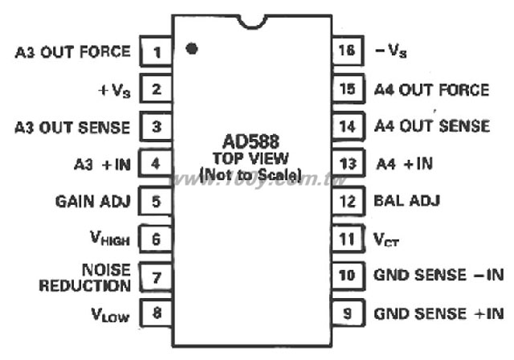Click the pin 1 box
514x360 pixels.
156,51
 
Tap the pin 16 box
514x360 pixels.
348,51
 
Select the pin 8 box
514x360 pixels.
156,313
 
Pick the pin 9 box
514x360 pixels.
348,313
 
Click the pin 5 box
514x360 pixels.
156,201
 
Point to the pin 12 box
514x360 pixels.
348,201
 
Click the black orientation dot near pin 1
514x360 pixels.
191,49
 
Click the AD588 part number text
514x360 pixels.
251,141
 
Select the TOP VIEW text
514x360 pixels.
251,158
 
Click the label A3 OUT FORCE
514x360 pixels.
73,51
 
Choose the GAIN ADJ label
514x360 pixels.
93,202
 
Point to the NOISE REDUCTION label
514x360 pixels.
85,277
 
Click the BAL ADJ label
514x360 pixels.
407,201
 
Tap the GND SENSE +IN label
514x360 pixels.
439,313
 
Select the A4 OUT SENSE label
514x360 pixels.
432,126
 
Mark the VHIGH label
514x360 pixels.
110,238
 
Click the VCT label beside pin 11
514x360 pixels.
386,239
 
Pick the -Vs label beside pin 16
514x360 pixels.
391,51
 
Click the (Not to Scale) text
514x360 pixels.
251,175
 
